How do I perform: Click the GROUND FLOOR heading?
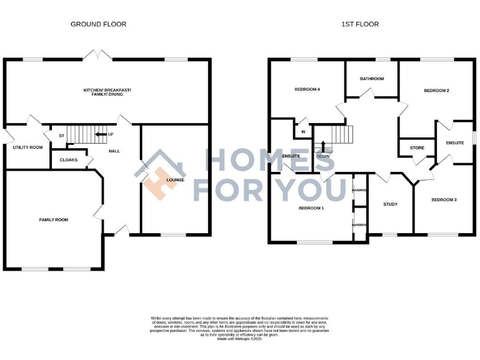98,24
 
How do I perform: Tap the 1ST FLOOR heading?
359,24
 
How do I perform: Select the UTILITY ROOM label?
27,147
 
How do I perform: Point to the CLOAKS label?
69,160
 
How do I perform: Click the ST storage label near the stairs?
62,136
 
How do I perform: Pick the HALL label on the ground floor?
114,151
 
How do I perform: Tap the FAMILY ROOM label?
54,220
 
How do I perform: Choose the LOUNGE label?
175,181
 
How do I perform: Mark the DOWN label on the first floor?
322,157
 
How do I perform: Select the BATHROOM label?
372,79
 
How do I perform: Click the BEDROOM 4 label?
307,89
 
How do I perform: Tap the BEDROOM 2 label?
436,91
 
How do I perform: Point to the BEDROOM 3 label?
444,200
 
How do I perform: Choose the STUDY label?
390,204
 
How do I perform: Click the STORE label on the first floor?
417,148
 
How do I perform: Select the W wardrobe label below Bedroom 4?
303,132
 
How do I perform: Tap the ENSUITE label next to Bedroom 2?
455,143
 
